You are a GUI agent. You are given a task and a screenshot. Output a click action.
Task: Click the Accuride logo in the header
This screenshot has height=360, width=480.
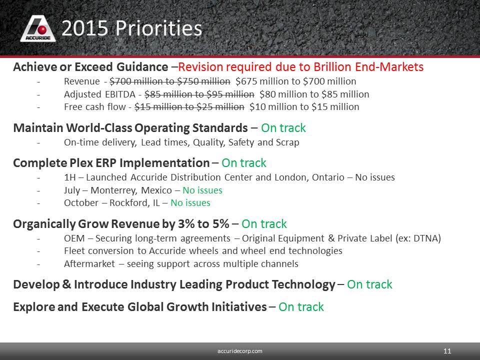(x=38, y=29)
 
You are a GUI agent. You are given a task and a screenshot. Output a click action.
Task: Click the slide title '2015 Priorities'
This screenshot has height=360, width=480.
(x=132, y=28)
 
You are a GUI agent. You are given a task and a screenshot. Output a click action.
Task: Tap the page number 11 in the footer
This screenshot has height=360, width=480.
(x=447, y=351)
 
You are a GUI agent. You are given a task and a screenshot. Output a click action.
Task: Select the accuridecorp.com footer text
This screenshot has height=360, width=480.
(x=239, y=351)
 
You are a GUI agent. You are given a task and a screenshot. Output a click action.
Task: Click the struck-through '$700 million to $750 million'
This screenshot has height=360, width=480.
(x=170, y=81)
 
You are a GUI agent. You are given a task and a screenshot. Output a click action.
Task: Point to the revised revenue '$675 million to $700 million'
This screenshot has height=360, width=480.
(x=295, y=81)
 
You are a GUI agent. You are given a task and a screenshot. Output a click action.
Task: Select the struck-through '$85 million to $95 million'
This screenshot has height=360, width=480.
(x=199, y=94)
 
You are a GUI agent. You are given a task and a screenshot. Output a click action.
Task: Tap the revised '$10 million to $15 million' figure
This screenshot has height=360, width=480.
(x=304, y=107)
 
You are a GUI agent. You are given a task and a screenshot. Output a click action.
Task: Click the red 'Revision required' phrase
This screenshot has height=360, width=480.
(x=225, y=66)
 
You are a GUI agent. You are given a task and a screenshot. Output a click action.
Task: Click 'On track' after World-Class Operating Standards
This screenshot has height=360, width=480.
(x=283, y=128)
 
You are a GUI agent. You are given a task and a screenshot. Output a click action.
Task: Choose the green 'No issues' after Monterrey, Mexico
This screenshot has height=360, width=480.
(x=202, y=190)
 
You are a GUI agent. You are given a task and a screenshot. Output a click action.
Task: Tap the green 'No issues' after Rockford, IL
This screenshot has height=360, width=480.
(x=190, y=203)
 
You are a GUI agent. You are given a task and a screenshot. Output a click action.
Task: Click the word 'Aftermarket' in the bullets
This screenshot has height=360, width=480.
(x=89, y=263)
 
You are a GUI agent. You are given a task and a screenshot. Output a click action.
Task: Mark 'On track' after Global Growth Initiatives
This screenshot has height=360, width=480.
(x=301, y=306)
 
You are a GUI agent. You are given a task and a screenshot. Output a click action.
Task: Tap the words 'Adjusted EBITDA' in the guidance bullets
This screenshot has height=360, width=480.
(x=99, y=94)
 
